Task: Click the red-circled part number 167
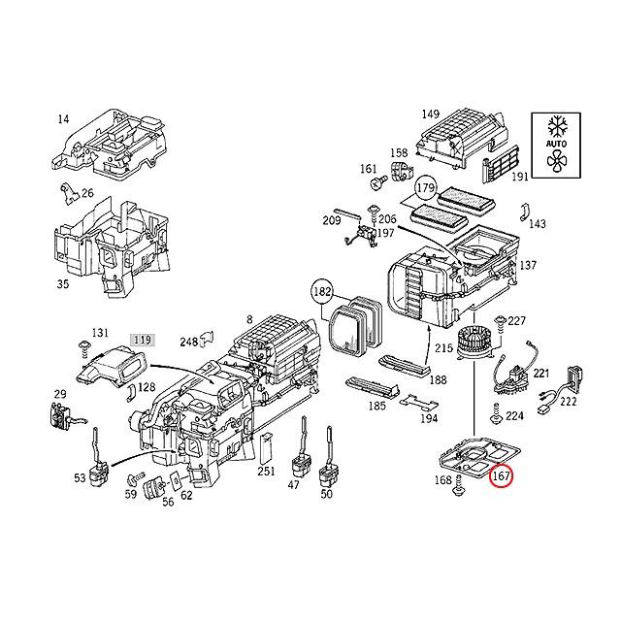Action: [x=502, y=476]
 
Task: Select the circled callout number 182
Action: [x=322, y=291]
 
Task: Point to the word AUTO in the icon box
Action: [x=556, y=144]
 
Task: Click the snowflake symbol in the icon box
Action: [x=556, y=125]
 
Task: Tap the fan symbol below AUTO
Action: [x=556, y=162]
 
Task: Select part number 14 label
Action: [x=63, y=119]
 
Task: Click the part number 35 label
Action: [x=63, y=284]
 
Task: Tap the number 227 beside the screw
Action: [x=516, y=321]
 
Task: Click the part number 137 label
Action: [x=528, y=265]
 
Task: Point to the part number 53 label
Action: [x=79, y=478]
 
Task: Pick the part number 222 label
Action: [x=567, y=402]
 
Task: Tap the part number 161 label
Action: [x=368, y=169]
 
